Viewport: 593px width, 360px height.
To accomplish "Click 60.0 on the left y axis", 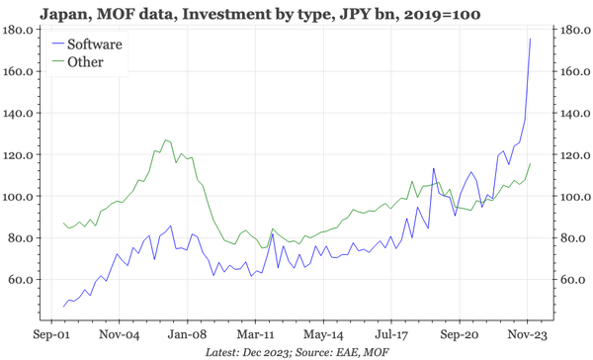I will point(22,280).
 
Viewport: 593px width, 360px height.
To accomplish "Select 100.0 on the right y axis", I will point(568,197).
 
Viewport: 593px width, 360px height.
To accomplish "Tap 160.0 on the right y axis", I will point(568,72).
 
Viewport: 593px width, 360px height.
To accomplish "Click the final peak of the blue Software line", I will point(530,40).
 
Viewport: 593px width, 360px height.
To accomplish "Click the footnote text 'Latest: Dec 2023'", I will point(247,350).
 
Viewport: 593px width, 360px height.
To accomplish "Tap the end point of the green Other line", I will point(530,164).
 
